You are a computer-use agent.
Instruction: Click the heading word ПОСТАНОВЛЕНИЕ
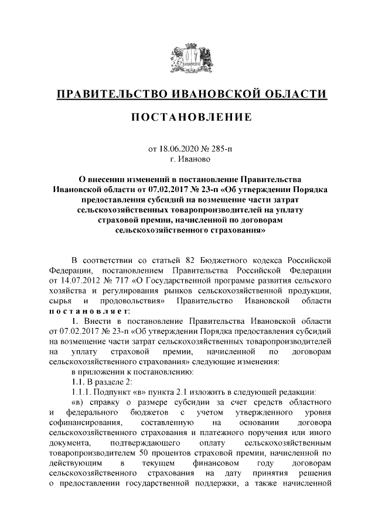191,117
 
